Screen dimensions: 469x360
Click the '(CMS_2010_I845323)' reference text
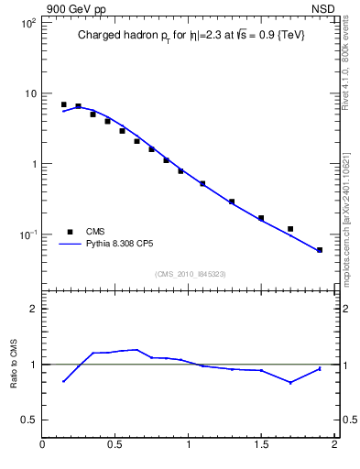[186, 274]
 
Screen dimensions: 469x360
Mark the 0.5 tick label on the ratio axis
[28, 420]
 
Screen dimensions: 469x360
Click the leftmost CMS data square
[63, 104]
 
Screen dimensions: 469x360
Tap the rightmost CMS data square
[320, 250]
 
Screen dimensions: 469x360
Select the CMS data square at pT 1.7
[290, 229]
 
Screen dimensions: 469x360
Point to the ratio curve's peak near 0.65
[136, 349]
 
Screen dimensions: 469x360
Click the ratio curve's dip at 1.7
[290, 382]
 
